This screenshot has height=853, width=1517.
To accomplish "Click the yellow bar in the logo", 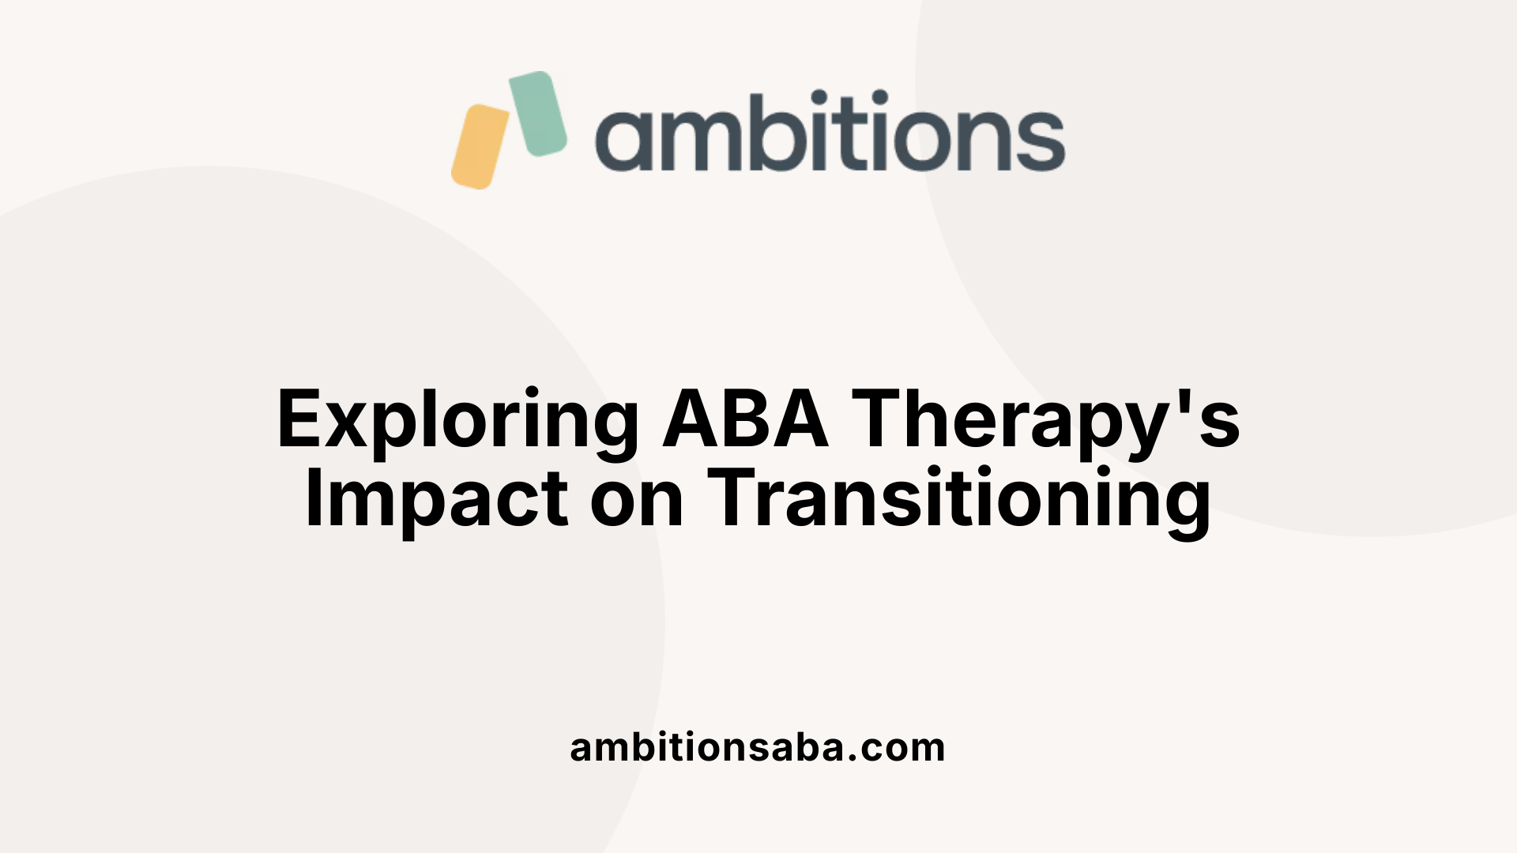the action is (480, 147).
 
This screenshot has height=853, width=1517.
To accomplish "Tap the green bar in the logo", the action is (538, 114).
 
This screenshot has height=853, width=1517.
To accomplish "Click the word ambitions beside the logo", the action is (830, 131).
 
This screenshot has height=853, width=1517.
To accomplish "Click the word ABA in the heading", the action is (746, 419).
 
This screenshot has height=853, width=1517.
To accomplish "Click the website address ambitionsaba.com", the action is (758, 747).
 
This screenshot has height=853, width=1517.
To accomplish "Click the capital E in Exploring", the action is (301, 419).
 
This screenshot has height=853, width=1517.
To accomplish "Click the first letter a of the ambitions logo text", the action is (621, 141).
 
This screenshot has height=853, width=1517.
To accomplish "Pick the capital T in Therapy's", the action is (878, 419).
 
